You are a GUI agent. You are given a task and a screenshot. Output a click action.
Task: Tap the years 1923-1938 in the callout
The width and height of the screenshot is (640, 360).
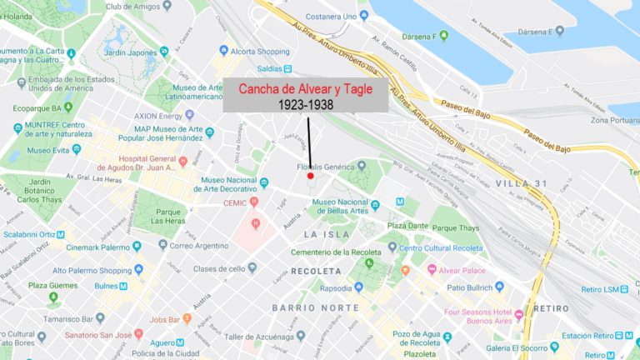[305, 105]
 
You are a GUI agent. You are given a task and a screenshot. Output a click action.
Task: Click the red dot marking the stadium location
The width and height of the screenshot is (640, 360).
[310, 176]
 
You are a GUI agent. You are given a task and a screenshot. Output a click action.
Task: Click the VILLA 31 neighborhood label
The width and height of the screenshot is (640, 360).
[520, 182]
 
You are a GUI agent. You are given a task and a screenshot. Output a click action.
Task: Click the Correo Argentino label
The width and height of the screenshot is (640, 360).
[198, 246]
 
